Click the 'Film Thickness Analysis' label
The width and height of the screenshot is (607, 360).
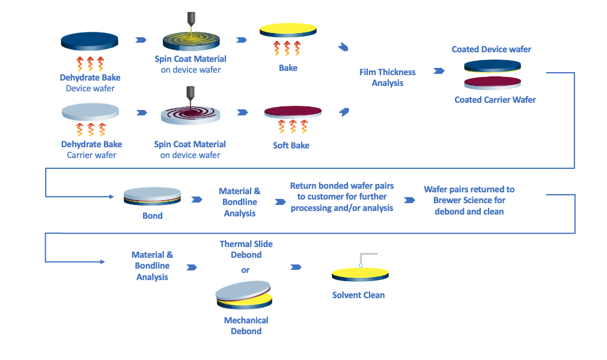387,78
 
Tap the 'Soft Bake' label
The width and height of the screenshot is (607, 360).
291,145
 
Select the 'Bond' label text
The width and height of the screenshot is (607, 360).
153,216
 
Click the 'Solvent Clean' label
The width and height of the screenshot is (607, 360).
358,295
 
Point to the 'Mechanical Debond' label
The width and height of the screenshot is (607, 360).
246,326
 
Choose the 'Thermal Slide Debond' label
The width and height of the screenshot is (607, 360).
246,249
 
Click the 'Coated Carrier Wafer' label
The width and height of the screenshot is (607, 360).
495,100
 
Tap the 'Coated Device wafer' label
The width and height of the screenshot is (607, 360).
491,49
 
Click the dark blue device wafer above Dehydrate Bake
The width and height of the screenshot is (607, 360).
90,41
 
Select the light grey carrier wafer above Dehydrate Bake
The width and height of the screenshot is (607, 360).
90,112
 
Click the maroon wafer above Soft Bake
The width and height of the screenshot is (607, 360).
293,111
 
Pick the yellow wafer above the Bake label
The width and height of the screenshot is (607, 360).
288,31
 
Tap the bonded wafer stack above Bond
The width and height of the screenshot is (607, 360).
152,197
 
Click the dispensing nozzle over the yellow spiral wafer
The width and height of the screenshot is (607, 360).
191,19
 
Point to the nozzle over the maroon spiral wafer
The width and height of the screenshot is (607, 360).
191,94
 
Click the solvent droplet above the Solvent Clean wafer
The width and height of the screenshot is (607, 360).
361,265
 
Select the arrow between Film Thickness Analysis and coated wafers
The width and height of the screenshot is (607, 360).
439,71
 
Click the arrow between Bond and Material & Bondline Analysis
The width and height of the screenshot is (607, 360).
197,200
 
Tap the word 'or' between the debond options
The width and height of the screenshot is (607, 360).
245,270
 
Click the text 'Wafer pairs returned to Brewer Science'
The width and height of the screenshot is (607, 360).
469,195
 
